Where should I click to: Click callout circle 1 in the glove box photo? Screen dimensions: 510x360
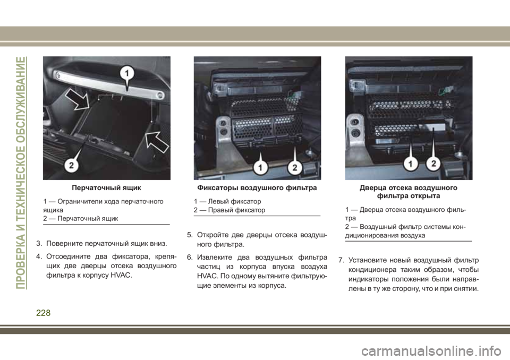coord(127,73)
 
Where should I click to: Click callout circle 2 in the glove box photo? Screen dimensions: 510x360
coord(71,165)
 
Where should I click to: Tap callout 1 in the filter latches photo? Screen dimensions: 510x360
coord(260,167)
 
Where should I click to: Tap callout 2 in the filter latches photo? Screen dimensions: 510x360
coord(295,167)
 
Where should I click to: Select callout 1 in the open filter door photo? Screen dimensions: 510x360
coord(411,163)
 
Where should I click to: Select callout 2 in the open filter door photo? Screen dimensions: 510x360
coord(433,163)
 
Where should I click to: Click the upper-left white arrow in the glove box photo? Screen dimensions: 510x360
coord(78,99)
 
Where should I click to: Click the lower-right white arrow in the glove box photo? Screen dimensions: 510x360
coord(157,141)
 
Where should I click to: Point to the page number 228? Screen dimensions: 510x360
coord(43,313)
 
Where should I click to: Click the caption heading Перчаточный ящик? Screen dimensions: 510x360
coord(106,187)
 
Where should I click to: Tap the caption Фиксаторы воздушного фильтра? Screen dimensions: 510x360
coord(257,187)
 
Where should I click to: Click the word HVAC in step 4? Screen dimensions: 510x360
coord(121,276)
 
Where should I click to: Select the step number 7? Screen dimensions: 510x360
coord(341,261)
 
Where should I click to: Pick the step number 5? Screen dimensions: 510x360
coord(190,235)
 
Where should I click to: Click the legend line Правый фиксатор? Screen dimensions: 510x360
coord(229,210)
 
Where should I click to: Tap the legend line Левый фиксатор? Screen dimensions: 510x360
coord(227,202)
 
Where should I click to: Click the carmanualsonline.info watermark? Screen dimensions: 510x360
coord(431,350)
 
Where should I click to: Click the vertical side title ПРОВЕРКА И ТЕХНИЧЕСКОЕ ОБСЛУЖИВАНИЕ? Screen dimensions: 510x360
coord(21,173)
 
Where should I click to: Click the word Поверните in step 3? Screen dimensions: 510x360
coord(64,244)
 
